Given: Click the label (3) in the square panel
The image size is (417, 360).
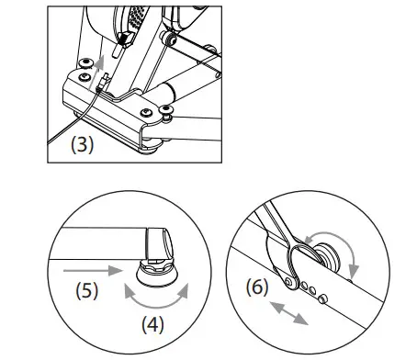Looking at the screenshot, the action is [x=82, y=144].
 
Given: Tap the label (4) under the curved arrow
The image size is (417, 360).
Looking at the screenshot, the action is [x=152, y=324].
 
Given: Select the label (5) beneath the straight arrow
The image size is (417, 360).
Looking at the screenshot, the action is [x=87, y=290].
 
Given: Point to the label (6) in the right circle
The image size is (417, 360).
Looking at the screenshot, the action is [x=257, y=287].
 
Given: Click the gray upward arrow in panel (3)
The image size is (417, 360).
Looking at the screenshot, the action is [x=96, y=73].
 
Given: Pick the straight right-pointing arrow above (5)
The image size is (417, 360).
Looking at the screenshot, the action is [x=93, y=271].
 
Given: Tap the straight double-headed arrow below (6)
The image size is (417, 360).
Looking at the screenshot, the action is [x=288, y=312].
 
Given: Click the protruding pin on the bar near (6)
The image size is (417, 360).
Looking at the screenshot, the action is [x=322, y=298].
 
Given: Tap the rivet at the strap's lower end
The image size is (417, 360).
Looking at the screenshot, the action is [x=288, y=281].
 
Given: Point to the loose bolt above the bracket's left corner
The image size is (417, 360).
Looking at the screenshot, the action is [x=85, y=63].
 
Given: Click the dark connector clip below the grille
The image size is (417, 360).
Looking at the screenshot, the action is [x=125, y=39].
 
